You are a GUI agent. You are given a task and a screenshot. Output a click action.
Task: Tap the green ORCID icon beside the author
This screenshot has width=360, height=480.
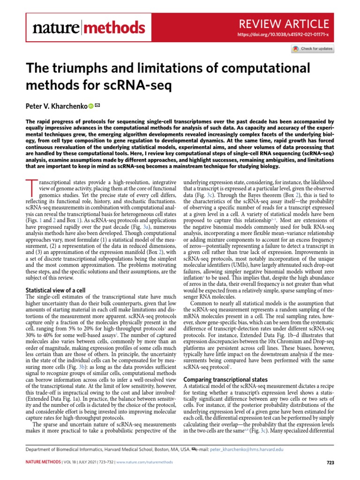pyautogui.click(x=90, y=106)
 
